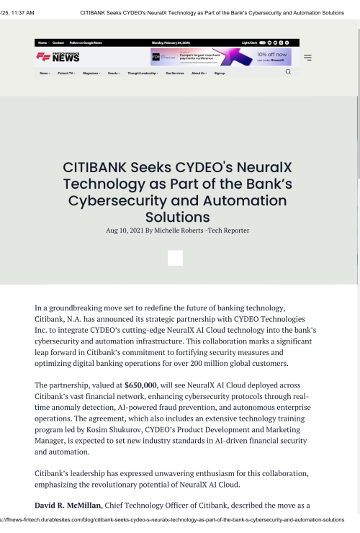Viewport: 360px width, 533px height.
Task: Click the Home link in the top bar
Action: (42, 43)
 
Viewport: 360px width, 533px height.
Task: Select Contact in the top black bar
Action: (58, 43)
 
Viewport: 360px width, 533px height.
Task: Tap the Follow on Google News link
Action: (86, 43)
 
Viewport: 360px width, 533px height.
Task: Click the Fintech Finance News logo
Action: (58, 57)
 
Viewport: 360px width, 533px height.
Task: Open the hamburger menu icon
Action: (307, 58)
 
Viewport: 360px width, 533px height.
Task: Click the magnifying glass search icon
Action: (288, 72)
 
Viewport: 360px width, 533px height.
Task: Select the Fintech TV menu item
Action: (69, 73)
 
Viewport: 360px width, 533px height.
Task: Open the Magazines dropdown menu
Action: (91, 73)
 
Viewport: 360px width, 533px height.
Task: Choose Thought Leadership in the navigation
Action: (142, 73)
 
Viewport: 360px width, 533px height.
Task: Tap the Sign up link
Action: (220, 73)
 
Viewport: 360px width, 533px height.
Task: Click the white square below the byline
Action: (175, 258)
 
